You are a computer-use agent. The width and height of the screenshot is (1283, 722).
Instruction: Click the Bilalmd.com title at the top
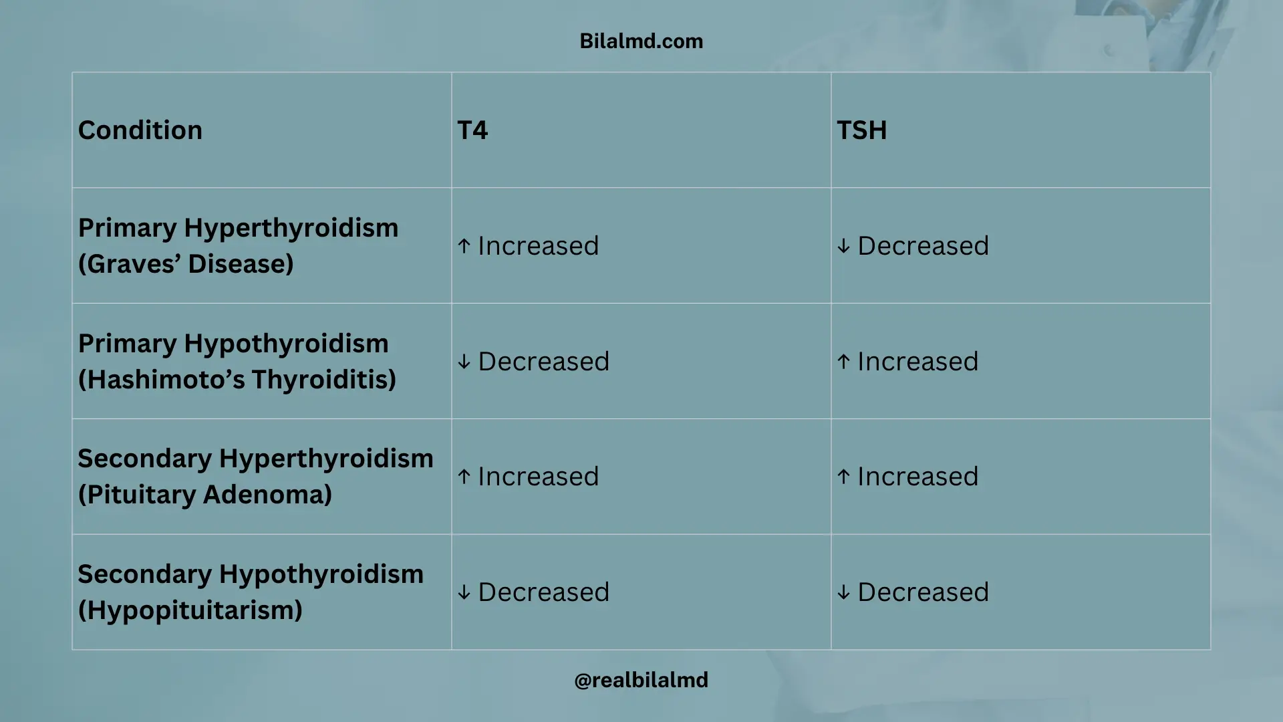641,41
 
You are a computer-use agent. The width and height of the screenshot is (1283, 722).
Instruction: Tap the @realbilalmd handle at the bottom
641,680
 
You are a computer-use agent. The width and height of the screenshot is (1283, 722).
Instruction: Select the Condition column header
140,130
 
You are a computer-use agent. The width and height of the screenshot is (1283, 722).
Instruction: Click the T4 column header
472,130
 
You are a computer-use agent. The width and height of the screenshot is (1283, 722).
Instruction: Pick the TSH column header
861,130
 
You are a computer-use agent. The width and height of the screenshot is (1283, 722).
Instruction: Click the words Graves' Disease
186,264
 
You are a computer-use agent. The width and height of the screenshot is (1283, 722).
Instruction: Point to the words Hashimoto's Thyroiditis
237,380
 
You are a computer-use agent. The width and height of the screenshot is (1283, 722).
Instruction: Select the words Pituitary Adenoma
205,495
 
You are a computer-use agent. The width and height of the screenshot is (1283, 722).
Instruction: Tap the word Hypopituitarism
190,610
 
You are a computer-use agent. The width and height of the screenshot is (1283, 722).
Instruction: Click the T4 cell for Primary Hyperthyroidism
528,246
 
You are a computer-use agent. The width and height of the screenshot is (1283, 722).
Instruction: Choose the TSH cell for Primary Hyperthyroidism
913,246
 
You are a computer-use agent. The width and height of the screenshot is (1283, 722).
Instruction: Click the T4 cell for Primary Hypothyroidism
533,362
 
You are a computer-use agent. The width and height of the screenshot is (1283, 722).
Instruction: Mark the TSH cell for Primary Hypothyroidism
907,362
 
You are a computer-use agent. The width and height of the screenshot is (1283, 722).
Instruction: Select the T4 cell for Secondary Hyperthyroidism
528,477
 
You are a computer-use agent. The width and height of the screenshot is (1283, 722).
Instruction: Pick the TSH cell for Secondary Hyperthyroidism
907,477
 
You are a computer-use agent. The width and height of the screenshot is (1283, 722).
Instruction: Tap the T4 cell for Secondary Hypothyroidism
533,592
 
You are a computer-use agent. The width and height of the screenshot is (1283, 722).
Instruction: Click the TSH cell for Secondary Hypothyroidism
913,592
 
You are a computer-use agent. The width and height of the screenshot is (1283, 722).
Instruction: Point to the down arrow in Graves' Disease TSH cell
844,246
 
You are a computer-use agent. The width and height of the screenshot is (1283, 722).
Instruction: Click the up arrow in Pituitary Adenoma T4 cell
464,477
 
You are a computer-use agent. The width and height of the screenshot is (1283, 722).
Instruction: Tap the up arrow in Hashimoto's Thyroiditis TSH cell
844,362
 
